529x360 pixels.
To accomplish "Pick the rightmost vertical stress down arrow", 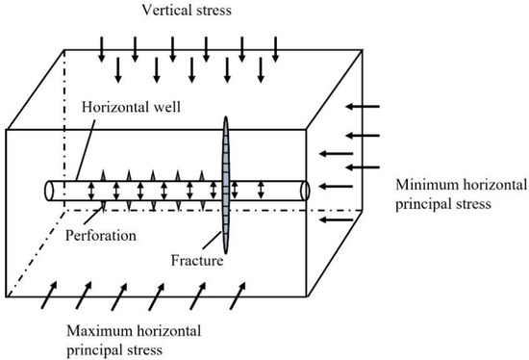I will point(276,45).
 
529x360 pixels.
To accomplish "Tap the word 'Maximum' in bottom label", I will point(95,330).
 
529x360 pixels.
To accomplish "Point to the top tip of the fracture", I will point(226,119).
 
